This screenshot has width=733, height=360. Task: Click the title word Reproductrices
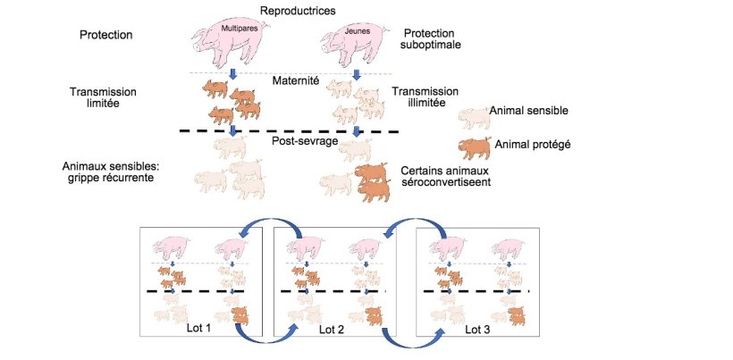coord(297,11)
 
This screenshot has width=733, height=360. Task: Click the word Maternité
coord(296,82)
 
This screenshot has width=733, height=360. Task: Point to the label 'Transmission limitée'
coord(106,98)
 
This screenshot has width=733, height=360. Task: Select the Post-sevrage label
coord(296,140)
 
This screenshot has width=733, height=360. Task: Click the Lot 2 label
coord(333,330)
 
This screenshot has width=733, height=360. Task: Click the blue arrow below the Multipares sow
coord(233,73)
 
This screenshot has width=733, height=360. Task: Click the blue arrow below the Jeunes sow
coord(356,73)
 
